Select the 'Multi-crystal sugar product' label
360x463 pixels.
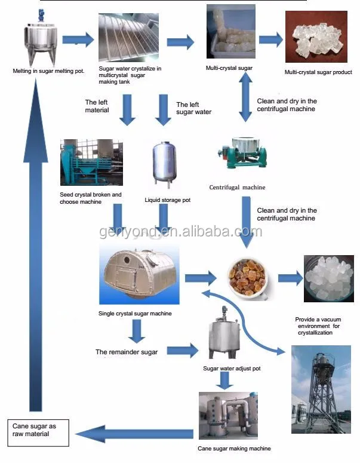point(318,72)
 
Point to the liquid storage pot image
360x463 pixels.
point(165,162)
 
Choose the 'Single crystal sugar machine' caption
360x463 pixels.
point(135,313)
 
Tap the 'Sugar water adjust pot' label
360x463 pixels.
point(232,369)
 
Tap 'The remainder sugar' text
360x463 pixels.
point(127,352)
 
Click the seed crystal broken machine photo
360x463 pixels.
point(91,164)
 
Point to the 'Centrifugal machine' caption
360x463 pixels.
point(237,187)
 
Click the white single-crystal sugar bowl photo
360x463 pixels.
point(328,277)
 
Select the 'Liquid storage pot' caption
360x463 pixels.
point(168,200)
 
